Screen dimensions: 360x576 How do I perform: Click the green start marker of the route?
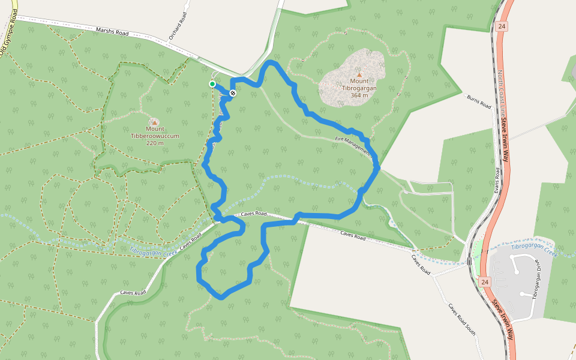tap(212, 84)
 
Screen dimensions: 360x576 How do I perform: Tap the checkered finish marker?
tap(232, 92)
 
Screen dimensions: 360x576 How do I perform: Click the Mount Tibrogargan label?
tap(359, 84)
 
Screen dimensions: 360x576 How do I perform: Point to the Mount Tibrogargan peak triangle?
tap(359, 74)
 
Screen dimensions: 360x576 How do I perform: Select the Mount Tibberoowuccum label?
tap(154, 132)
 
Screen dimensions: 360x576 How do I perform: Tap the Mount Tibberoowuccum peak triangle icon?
tap(154, 121)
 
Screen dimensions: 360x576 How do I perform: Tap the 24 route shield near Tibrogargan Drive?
tap(484, 281)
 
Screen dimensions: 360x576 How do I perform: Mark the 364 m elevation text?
tap(359, 95)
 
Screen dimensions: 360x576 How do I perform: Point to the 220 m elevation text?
tap(154, 143)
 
